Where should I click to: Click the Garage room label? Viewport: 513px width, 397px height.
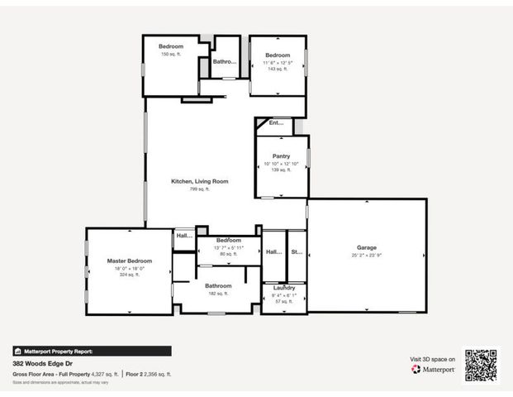point(367,247)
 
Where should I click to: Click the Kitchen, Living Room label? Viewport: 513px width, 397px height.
point(199,181)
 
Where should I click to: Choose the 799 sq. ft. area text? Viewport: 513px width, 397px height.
point(199,189)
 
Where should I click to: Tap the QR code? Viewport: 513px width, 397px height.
point(480,365)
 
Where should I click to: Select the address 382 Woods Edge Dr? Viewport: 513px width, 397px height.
point(41,363)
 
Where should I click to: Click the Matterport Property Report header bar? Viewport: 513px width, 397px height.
point(92,351)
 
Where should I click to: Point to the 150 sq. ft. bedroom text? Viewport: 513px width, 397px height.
point(171,55)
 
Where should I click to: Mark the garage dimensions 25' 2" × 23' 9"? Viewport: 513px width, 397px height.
point(367,256)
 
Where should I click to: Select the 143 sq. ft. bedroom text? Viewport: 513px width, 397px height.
point(278,69)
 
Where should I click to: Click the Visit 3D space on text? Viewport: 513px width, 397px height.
point(433,359)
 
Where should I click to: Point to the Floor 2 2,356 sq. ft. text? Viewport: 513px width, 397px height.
point(149,374)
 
